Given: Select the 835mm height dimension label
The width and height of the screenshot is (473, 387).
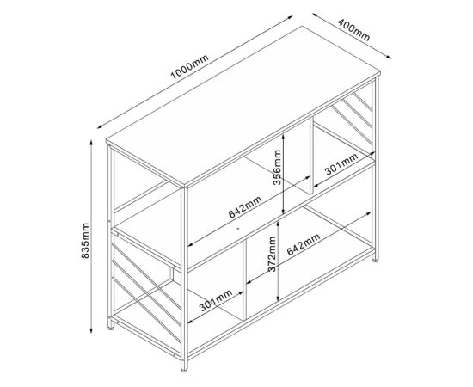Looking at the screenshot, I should coord(83,239).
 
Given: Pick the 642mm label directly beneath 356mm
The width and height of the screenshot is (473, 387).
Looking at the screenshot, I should coord(245,207).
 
